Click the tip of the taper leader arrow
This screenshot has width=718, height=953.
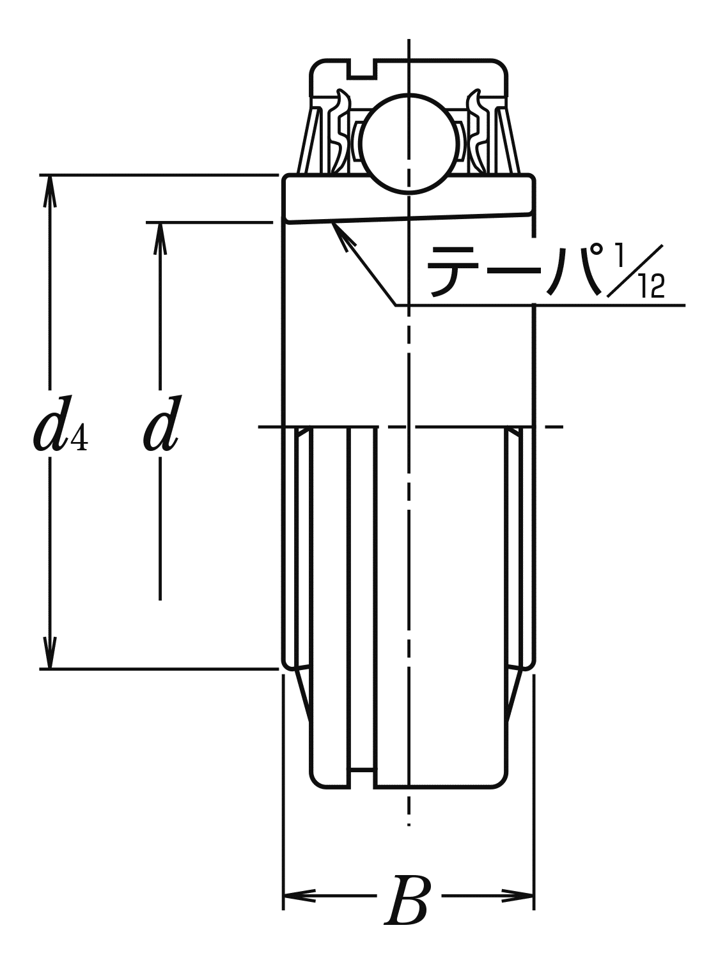pos(332,222)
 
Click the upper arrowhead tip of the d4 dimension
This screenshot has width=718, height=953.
pos(51,176)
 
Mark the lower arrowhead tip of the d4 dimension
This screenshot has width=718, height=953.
pos(51,669)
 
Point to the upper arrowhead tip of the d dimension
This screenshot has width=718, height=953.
pos(160,223)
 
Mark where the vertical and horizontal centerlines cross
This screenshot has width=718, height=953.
pos(409,427)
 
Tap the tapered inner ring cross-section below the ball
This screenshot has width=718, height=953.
pos(409,199)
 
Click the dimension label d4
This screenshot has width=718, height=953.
pos(61,425)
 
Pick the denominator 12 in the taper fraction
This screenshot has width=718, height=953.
pos(653,287)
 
